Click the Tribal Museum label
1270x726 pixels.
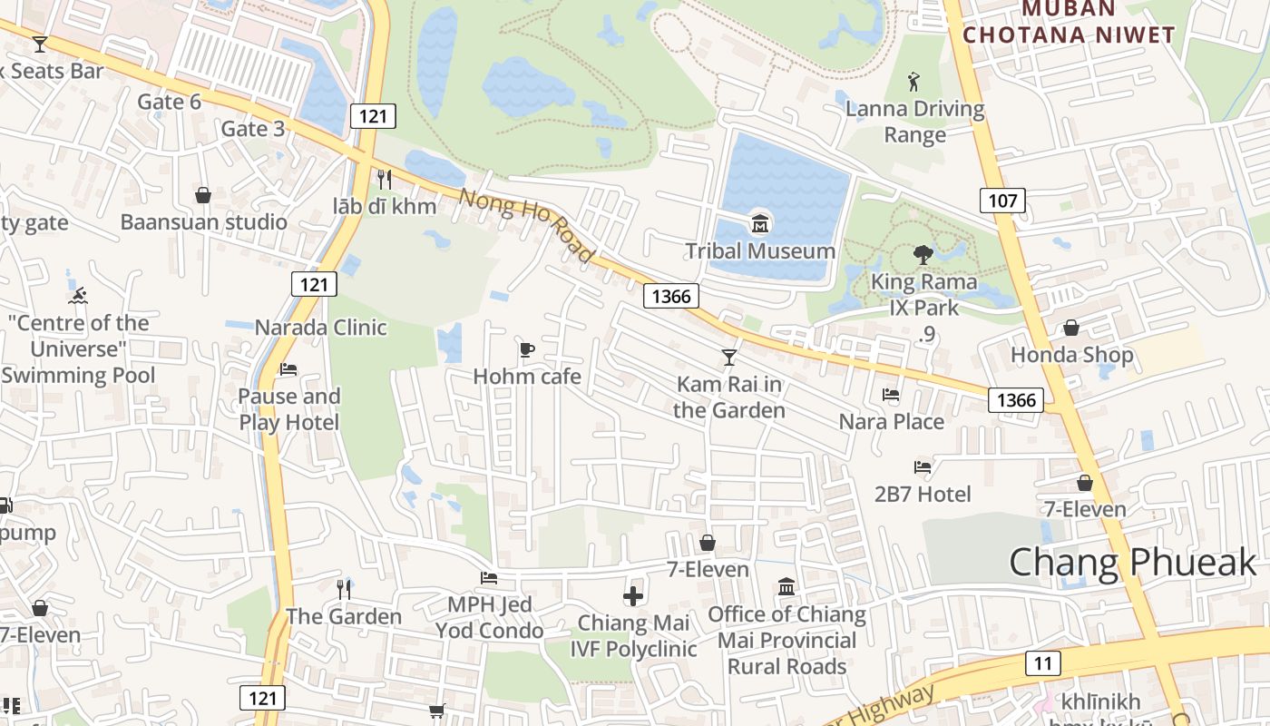(x=760, y=250)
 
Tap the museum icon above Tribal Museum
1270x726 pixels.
(x=760, y=223)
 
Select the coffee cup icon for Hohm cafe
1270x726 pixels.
(x=527, y=349)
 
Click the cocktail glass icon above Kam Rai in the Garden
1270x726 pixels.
(x=728, y=357)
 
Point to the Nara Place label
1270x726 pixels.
(x=891, y=421)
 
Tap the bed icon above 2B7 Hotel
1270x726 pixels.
(x=923, y=467)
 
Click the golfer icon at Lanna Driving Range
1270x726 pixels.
(x=914, y=83)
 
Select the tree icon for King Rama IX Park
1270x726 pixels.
(x=923, y=255)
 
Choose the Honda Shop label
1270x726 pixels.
(x=1072, y=354)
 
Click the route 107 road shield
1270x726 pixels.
(x=1002, y=201)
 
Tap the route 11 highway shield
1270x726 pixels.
(x=1043, y=663)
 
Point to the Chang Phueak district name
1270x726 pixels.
(x=1133, y=563)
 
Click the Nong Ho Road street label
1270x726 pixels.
(x=526, y=225)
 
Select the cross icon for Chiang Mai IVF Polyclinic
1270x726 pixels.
(x=633, y=596)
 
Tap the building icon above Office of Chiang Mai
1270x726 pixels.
(x=786, y=586)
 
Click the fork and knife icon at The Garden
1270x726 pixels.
(x=344, y=590)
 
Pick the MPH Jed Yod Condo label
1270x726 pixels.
(x=490, y=617)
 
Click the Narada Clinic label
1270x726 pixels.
(x=320, y=327)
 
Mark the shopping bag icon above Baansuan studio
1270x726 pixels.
(x=203, y=195)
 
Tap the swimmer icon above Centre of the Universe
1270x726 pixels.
(x=78, y=296)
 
